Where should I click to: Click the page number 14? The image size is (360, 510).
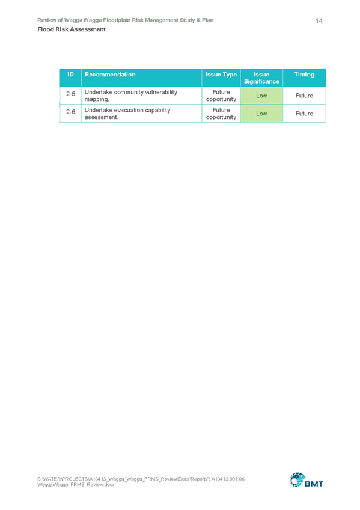[319, 21]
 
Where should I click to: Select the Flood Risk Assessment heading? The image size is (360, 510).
[72, 29]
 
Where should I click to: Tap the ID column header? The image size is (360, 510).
[70, 75]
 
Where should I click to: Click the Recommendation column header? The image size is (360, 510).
[110, 75]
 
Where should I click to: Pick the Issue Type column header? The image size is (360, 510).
[221, 75]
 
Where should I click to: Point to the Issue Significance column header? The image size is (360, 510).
[261, 78]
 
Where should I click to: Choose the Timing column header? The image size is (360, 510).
[305, 75]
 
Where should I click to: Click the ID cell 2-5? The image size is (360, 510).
[70, 94]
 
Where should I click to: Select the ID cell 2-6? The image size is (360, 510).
[70, 112]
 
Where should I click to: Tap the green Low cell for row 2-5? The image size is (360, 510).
[261, 96]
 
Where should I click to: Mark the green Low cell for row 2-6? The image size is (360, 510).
[261, 114]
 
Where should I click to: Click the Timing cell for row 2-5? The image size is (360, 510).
[305, 96]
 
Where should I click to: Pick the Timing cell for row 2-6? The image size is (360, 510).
[305, 114]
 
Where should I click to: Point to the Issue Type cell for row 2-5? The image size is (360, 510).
[221, 96]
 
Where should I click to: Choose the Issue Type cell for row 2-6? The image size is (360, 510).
[221, 114]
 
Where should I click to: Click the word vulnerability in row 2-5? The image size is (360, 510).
[161, 93]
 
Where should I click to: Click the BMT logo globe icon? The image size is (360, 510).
[297, 480]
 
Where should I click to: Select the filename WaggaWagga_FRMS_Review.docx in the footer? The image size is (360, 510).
[76, 485]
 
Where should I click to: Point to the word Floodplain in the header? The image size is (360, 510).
[117, 20]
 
